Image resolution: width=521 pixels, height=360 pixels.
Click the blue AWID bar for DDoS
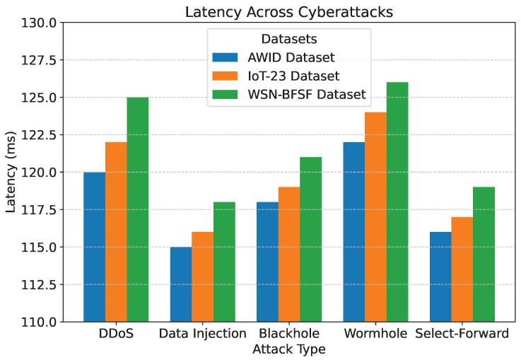click(x=94, y=247)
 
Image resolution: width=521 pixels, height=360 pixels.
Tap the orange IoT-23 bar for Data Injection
click(x=202, y=277)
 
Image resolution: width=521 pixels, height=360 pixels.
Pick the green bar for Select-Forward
click(x=484, y=254)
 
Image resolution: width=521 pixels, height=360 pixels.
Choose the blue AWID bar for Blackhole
click(x=267, y=262)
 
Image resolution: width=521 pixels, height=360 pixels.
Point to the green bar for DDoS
click(x=138, y=209)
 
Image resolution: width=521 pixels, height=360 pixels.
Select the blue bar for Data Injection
click(x=180, y=284)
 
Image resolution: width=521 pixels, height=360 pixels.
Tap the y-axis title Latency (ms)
click(x=11, y=172)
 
